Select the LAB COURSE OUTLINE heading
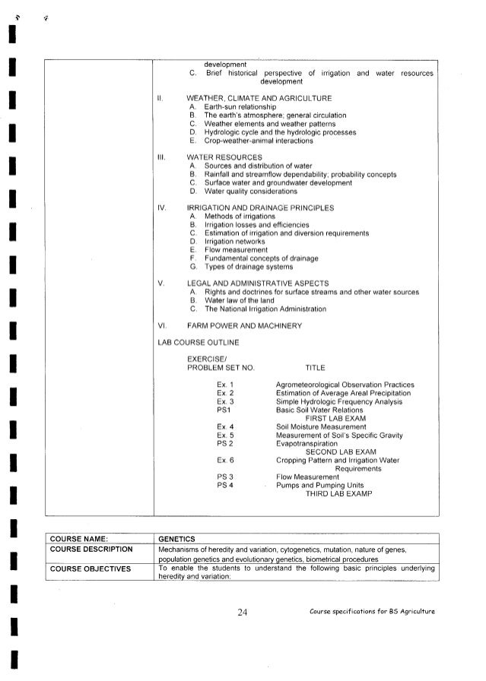198,343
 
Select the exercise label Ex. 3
225,401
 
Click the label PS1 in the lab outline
224,410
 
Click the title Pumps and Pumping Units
319,485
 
